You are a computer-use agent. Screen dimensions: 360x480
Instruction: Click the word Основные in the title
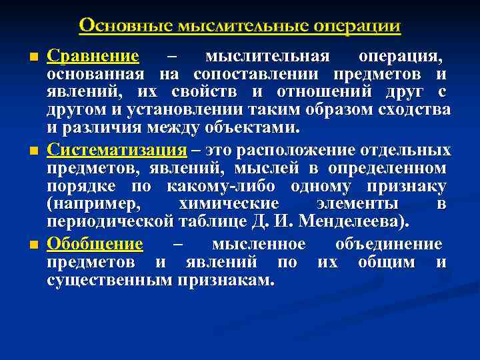[x=125, y=26]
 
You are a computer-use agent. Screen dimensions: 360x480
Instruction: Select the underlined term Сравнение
[x=93, y=56]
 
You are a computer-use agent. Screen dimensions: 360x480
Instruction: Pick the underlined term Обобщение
[x=95, y=244]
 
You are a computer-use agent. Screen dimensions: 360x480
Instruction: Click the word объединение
[x=389, y=244]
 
